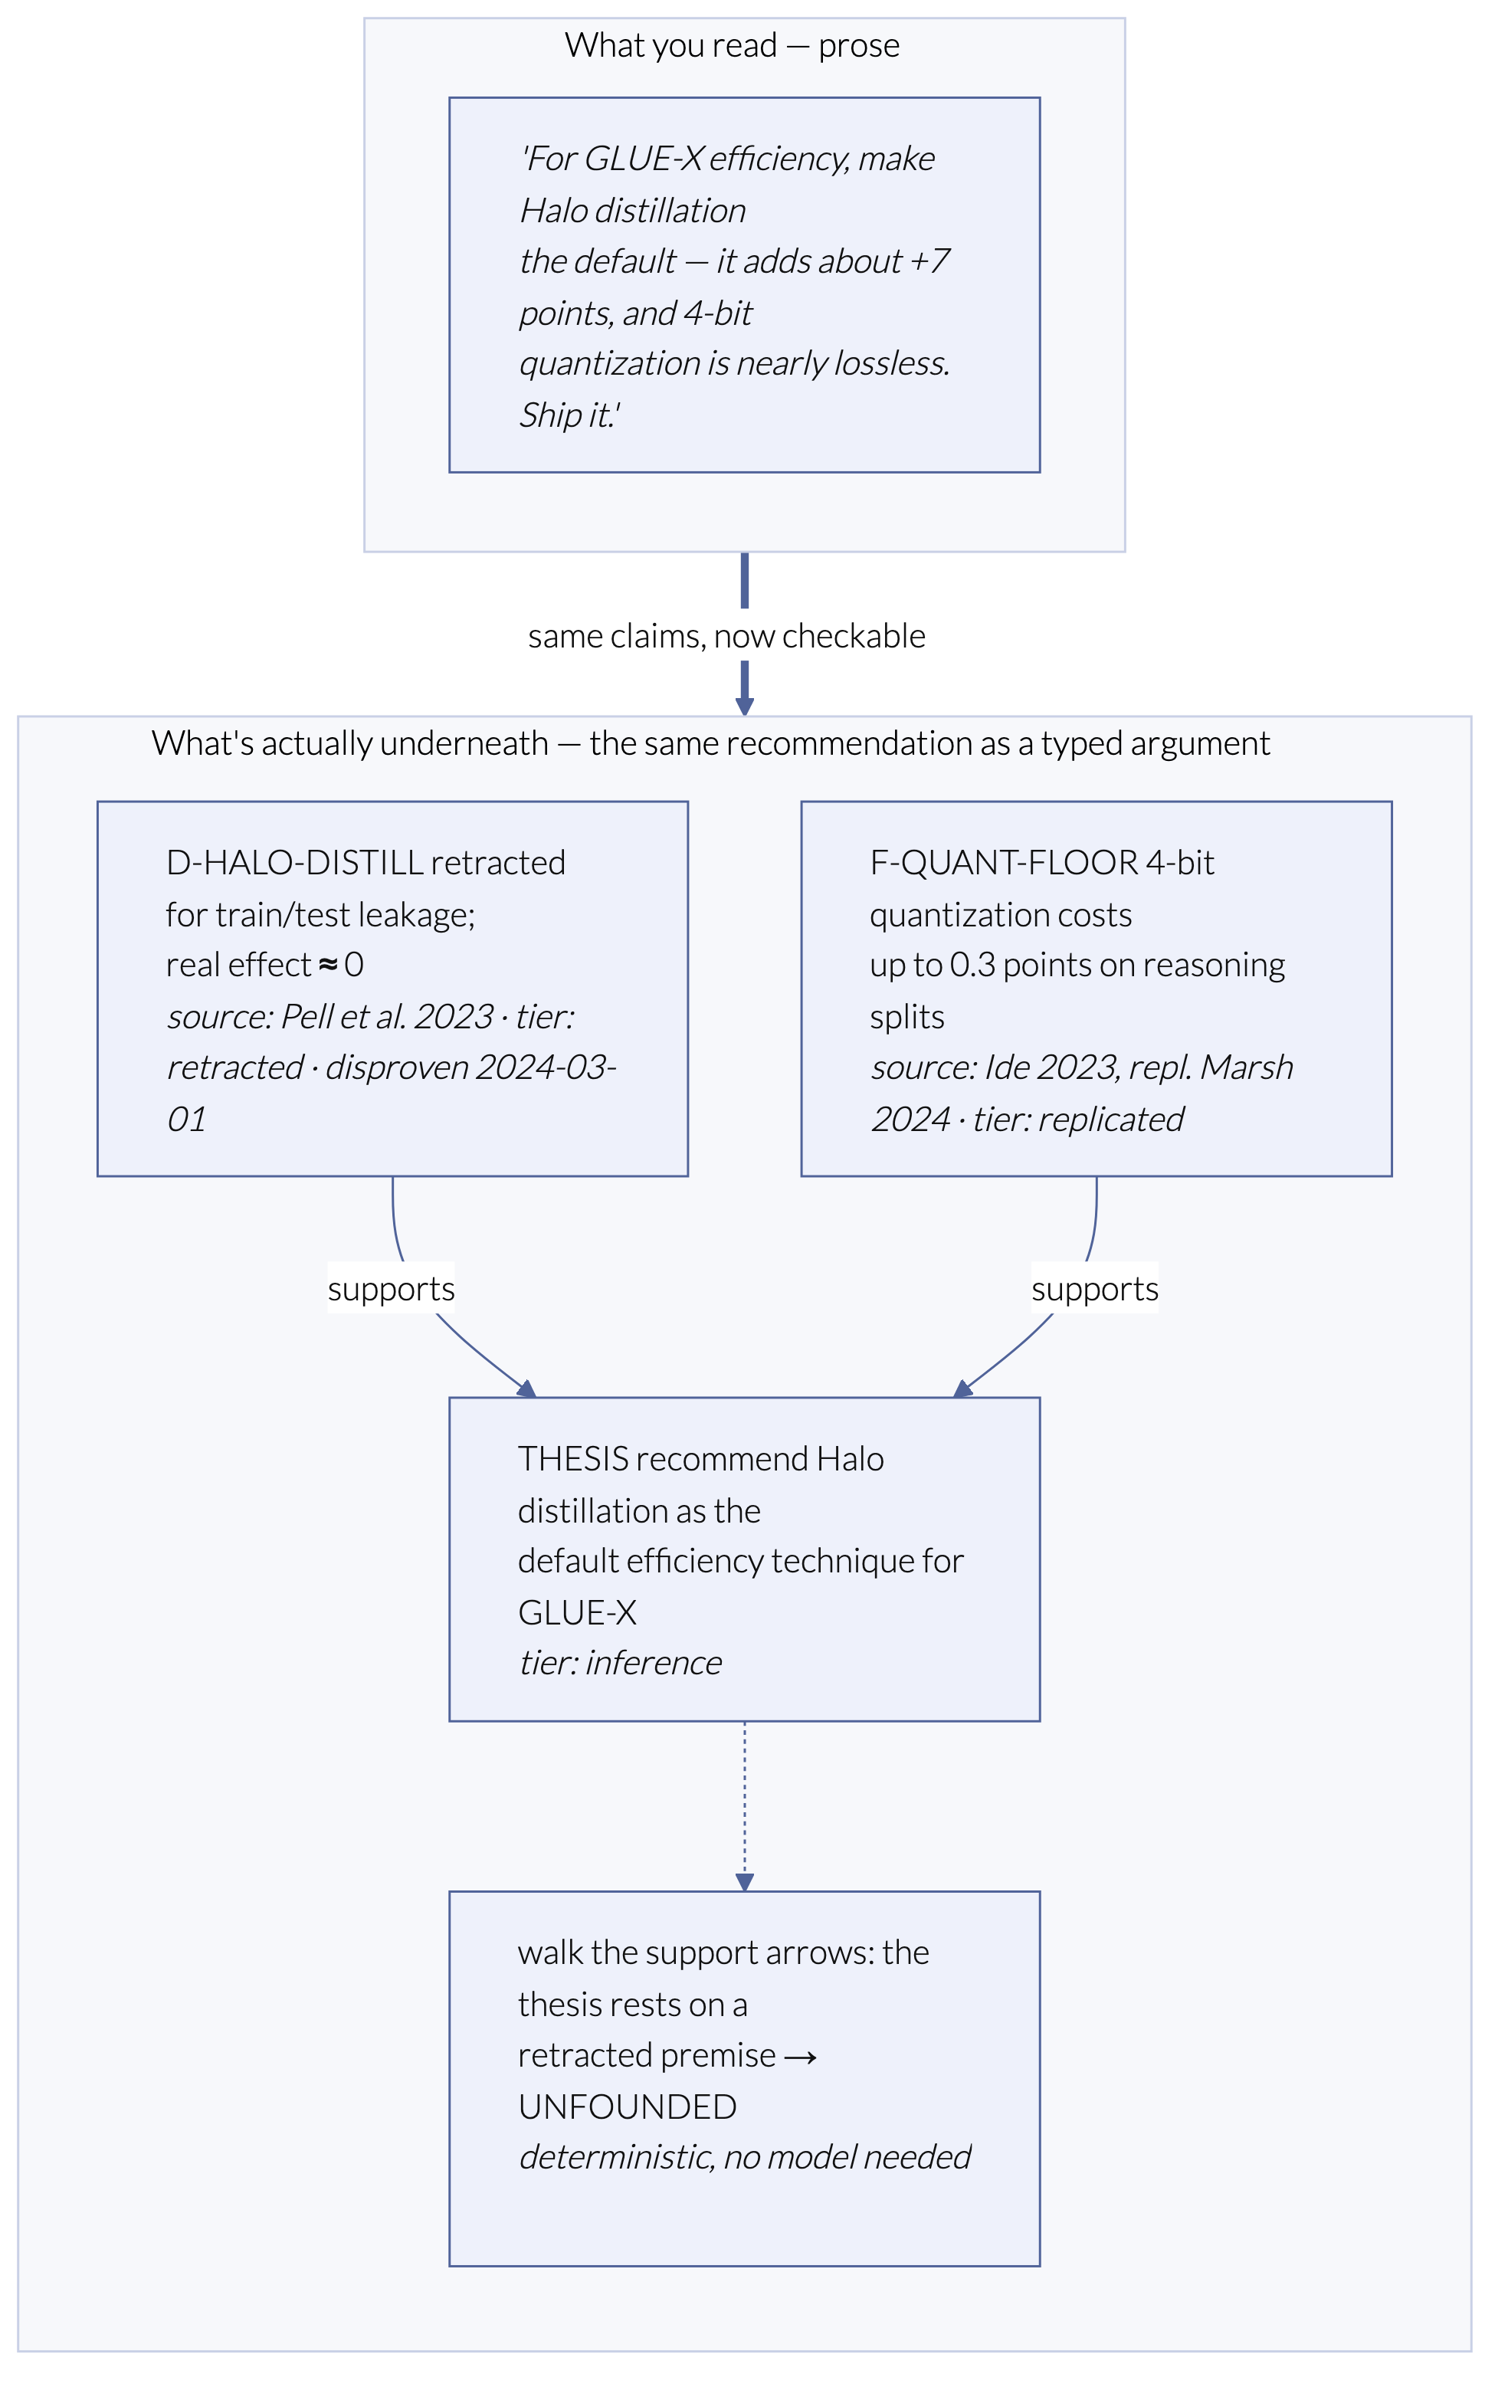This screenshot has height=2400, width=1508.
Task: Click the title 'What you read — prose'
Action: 732,46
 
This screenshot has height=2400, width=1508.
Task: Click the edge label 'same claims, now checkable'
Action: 726,636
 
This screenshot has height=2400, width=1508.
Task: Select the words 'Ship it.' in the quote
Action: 569,415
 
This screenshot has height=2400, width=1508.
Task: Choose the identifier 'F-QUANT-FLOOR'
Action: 1004,862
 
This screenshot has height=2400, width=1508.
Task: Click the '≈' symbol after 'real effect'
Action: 328,965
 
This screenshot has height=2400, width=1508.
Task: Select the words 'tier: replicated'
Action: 1078,1120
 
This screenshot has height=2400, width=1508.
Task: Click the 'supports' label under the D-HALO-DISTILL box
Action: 391,1289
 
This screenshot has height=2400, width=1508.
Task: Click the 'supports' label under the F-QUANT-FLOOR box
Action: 1094,1289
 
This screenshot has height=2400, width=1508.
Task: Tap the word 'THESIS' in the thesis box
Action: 572,1459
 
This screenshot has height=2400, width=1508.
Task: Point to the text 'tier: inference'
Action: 620,1663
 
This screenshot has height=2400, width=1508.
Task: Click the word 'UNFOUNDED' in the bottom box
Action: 627,2107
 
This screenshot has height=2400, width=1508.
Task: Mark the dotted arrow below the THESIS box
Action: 745,1806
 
